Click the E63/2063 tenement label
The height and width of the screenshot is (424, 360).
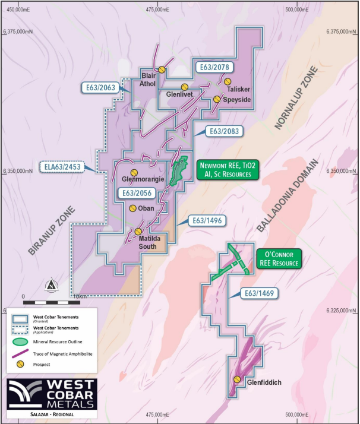pos(99,88)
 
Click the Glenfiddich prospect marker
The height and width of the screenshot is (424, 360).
pos(237,379)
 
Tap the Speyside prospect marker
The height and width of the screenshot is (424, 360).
pos(217,100)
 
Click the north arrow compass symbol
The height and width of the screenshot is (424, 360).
pos(52,284)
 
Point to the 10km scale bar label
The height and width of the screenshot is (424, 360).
pos(78,295)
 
